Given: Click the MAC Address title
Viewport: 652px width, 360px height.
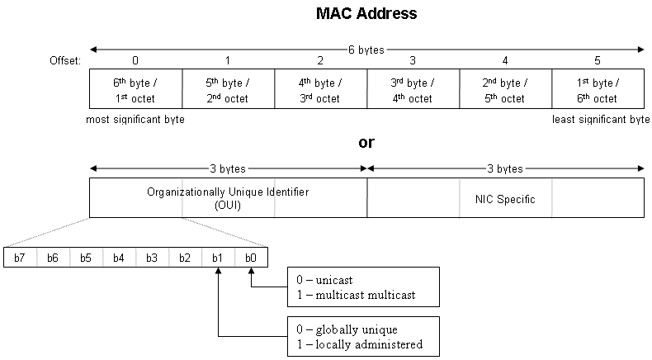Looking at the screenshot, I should point(366,14).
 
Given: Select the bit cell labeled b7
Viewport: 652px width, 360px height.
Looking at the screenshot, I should point(20,258).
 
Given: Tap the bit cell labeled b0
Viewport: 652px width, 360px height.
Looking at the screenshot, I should point(251,258).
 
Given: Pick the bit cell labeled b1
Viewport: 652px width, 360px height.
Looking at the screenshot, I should point(218,258).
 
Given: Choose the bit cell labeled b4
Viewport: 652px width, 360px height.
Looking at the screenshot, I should point(119,258).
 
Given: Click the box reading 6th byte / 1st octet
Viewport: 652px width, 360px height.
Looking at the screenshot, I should point(135,91).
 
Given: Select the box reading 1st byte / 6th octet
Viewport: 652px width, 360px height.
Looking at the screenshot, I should point(598,91).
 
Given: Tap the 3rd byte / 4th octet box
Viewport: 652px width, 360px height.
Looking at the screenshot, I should point(413,91).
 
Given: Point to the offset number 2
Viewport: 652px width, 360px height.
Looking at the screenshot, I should point(320,60).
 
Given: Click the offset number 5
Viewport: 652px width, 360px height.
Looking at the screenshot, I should point(598,60).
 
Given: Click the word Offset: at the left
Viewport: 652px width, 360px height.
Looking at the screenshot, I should point(67,60).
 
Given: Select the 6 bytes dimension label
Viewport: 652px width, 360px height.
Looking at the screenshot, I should point(366,50).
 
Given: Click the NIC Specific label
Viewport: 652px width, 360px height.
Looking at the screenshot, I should point(505,198).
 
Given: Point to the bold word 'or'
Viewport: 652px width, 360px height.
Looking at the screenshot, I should point(366,142).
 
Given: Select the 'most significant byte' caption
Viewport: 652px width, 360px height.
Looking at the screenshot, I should point(135,120).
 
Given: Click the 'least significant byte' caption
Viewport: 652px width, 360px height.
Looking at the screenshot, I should point(601,120).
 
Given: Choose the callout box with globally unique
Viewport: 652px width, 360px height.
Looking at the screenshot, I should point(363,335).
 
